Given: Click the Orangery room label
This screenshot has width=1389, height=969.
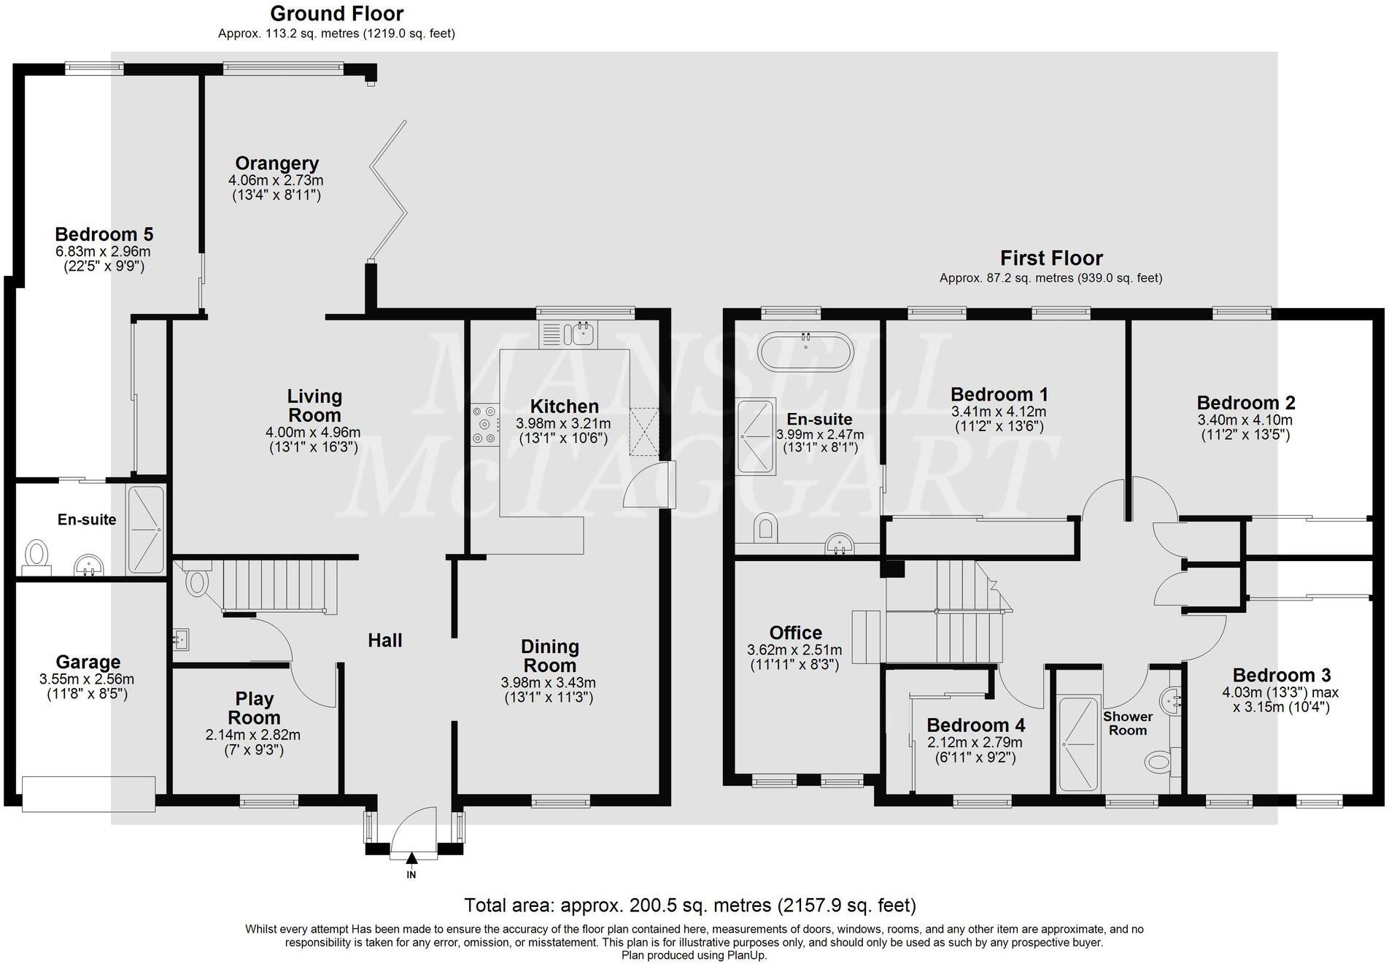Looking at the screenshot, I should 276,163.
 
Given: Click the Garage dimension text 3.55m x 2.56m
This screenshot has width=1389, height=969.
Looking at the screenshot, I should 87,679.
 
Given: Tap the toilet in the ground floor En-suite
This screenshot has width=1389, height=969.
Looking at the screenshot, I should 36,552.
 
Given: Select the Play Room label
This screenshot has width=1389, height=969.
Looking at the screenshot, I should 254,708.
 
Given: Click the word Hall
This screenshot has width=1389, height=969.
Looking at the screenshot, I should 384,641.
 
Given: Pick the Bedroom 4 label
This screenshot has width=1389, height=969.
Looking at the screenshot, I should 975,725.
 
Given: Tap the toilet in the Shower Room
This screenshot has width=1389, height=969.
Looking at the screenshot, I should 1158,763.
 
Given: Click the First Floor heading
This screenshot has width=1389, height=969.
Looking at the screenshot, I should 1051,258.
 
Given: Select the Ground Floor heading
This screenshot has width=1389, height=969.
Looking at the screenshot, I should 336,14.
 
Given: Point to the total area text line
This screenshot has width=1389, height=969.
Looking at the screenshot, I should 690,906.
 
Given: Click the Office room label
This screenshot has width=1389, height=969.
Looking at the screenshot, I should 795,633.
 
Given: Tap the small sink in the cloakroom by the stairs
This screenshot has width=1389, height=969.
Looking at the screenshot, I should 181,639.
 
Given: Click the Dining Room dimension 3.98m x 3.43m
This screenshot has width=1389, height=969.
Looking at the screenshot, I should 548,683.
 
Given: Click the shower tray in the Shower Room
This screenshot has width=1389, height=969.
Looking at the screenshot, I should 1077,744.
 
